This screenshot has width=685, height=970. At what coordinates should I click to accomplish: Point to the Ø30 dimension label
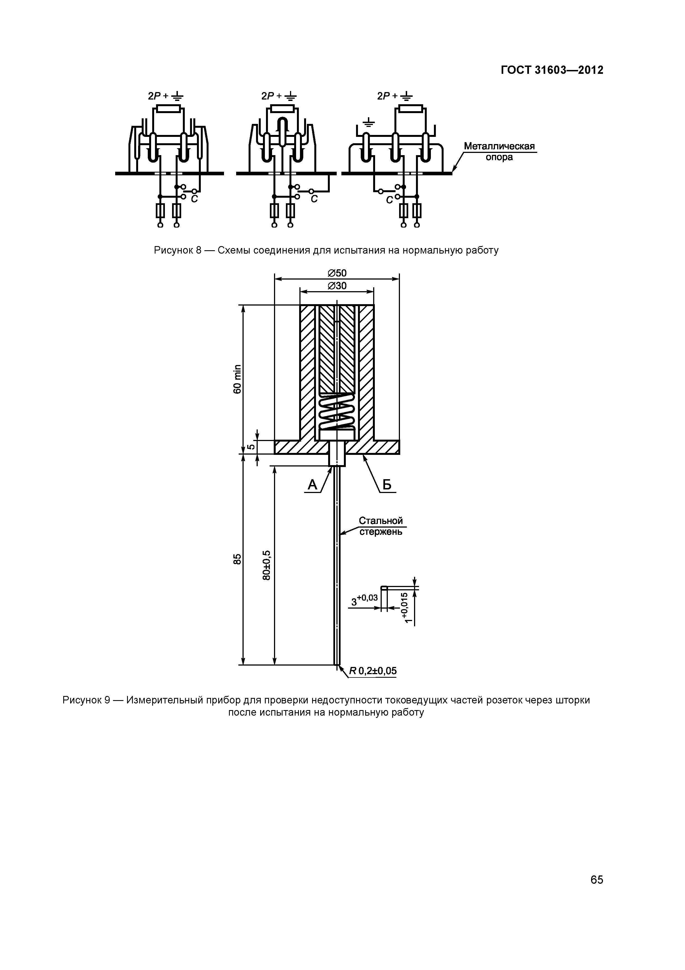[x=337, y=286]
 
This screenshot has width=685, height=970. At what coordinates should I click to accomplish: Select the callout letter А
[x=312, y=485]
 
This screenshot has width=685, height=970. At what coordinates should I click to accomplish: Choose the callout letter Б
[x=387, y=485]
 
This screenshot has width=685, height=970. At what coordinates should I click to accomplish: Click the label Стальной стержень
[x=381, y=526]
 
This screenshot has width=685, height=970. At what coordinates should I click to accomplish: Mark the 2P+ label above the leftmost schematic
[x=159, y=96]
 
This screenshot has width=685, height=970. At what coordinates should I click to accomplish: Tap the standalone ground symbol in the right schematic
[x=369, y=123]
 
